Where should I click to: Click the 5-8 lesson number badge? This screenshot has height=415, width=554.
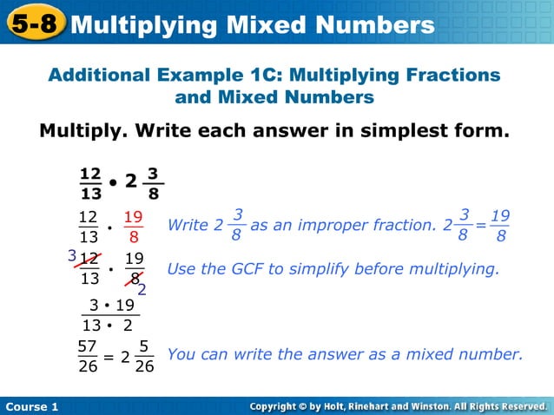(x=35, y=23)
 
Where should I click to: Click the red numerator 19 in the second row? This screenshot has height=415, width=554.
(x=134, y=217)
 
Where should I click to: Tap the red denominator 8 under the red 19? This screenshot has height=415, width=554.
(x=134, y=237)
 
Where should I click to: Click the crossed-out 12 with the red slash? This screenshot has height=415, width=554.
(x=89, y=259)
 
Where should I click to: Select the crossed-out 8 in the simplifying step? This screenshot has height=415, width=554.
(x=134, y=279)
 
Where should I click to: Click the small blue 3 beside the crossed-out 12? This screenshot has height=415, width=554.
(x=72, y=256)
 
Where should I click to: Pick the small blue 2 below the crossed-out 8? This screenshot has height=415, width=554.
(x=142, y=290)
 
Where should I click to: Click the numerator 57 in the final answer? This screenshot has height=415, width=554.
(x=87, y=346)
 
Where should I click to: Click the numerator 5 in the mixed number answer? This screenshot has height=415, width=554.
(x=144, y=346)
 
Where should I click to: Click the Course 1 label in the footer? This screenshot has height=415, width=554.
(x=30, y=406)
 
